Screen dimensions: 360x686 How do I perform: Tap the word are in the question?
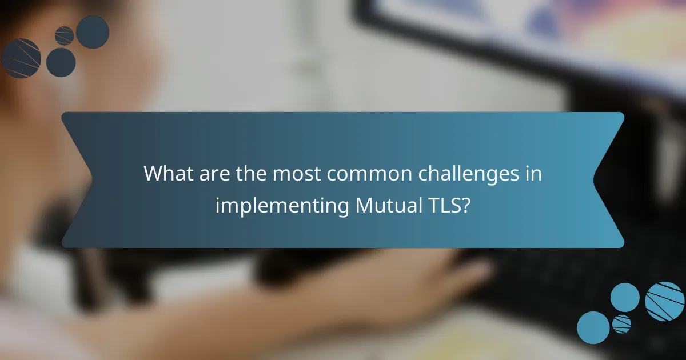coord(212,173)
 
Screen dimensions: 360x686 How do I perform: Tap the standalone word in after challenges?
coord(533,173)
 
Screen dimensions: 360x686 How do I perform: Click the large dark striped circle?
coord(21,58)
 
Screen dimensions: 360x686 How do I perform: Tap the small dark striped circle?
coord(64,35)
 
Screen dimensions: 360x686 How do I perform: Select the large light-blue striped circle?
coord(664,301)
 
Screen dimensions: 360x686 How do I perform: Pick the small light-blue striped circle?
coord(621,323)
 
